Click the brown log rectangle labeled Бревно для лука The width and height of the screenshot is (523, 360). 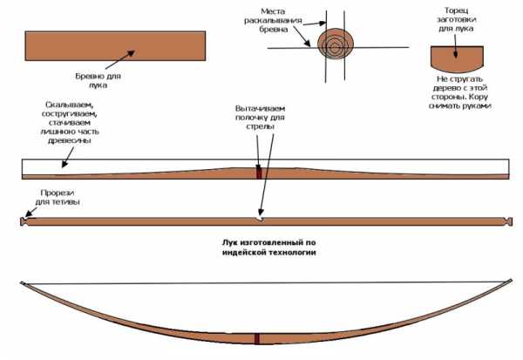tap(115, 45)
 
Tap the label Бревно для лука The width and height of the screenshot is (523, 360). tap(98, 80)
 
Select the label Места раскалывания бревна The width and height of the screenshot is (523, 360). tap(273, 20)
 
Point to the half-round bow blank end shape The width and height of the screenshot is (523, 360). tap(457, 59)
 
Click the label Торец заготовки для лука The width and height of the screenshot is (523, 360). tap(456, 20)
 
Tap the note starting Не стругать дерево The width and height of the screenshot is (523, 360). tap(460, 92)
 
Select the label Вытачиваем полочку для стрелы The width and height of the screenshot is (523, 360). tap(260, 118)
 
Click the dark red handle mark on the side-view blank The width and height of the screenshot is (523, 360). tap(259, 173)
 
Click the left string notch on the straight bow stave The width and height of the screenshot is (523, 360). tap(24, 221)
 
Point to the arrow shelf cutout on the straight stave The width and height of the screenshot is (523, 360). tap(260, 219)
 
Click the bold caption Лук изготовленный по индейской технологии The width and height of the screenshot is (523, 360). tap(268, 248)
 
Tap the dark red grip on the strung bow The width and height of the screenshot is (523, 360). tap(257, 339)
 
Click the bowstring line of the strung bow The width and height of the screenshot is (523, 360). tap(267, 283)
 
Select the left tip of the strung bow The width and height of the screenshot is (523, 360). tap(22, 283)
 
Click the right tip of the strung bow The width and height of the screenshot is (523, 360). tap(511, 281)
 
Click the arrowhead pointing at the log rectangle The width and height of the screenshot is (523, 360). tap(132, 52)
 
